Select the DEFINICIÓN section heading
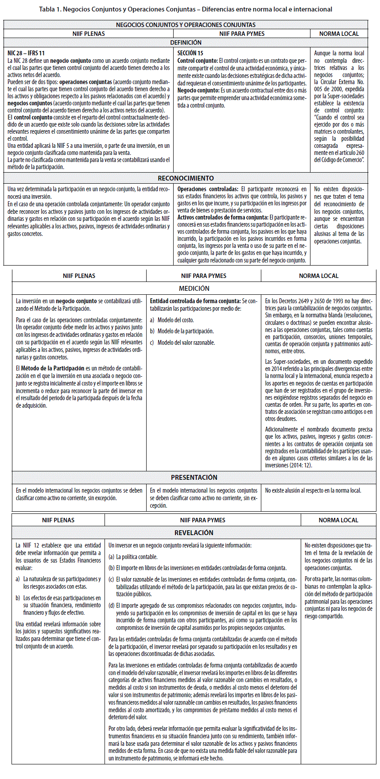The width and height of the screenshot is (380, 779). coord(186,42)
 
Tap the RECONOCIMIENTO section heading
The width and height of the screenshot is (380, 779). coord(186,178)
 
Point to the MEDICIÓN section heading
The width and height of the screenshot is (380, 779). coord(194,288)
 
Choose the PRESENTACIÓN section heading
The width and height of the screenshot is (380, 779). coord(194,477)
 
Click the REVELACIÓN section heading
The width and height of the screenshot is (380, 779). coord(194,532)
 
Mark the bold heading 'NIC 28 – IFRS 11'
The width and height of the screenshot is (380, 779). coord(26,53)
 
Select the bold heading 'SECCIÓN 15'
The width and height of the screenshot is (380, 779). coord(190,53)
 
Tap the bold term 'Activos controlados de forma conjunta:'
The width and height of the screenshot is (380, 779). coord(223,217)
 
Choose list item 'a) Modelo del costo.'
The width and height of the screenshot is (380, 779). coord(172,320)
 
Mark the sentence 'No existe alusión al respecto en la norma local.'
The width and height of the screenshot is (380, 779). coord(313,490)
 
